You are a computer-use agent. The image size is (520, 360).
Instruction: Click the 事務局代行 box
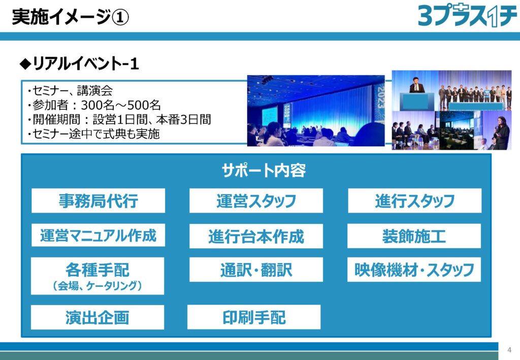point(98,201)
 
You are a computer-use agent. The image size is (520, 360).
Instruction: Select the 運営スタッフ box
point(256,201)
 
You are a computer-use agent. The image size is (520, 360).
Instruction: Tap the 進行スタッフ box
point(414,201)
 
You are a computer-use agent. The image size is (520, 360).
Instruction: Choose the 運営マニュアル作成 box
point(98,235)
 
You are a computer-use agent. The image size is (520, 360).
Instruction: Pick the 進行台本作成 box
point(256,236)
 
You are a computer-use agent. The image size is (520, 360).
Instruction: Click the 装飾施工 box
point(414,236)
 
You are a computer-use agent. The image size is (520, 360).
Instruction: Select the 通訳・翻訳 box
point(256,270)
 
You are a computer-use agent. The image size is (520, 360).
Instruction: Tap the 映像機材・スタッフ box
point(414,270)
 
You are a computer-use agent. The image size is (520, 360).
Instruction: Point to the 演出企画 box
point(97,317)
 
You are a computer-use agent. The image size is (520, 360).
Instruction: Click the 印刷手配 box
point(254,317)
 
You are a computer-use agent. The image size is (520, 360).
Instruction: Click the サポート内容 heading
point(264,171)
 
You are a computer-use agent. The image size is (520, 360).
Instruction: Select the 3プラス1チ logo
point(467,16)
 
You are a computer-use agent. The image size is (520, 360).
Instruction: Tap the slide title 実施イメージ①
point(70,17)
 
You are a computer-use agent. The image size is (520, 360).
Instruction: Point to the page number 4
point(509,350)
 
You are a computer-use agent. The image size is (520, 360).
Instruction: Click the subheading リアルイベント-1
point(79,63)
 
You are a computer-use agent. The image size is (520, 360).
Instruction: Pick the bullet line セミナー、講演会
point(70,90)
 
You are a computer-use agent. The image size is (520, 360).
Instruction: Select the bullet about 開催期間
point(119,119)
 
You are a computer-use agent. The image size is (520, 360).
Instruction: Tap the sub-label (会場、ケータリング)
point(97,286)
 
